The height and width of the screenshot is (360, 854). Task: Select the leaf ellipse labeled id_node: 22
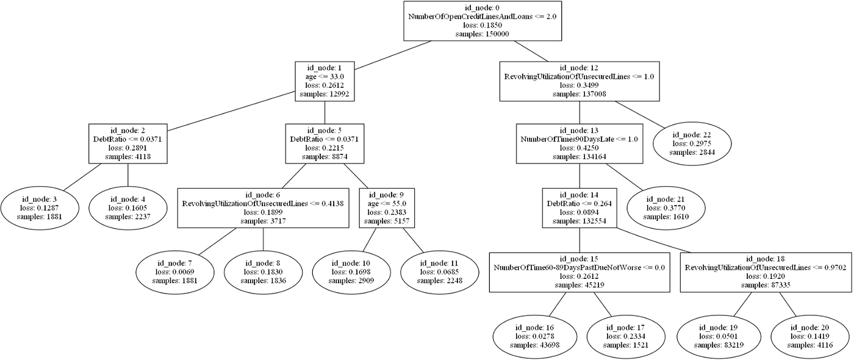(x=692, y=143)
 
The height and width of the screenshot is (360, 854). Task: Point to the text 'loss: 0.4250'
(x=579, y=148)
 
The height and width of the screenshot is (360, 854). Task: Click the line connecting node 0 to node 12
(x=531, y=51)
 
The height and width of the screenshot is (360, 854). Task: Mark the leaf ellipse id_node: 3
(x=38, y=208)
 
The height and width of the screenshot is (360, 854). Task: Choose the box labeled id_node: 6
(x=263, y=208)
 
